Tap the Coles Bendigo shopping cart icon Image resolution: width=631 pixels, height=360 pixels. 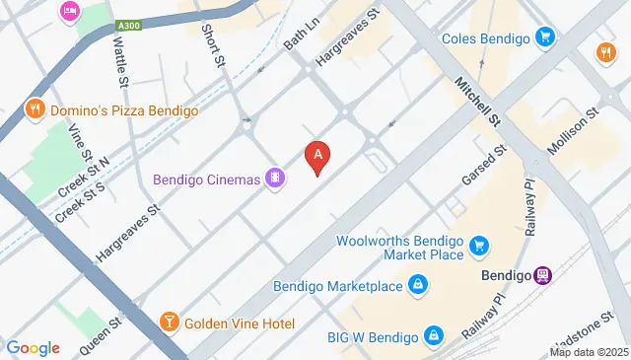[x=544, y=38]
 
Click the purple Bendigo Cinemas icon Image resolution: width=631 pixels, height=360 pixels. [x=277, y=179]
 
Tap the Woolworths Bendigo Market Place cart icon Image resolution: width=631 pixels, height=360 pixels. [x=480, y=244]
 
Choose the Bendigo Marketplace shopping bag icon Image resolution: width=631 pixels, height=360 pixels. [x=418, y=286]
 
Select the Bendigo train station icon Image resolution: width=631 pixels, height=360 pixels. [x=542, y=275]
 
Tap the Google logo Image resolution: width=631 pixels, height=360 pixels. [x=33, y=347]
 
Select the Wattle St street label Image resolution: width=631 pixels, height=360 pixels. [x=121, y=58]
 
